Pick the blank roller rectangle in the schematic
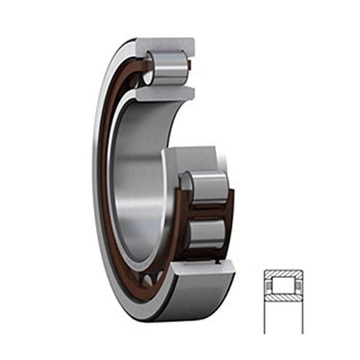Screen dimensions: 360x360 point(284,285)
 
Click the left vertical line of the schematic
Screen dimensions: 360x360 point(265,312)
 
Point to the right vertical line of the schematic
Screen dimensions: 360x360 point(303,312)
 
